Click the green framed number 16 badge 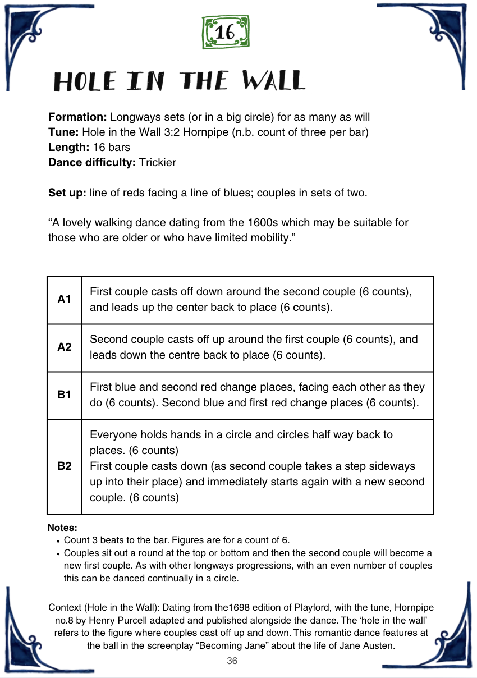tap(225, 32)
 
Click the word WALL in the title tap(273, 82)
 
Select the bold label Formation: tap(77, 117)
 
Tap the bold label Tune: tap(63, 132)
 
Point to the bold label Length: tap(68, 148)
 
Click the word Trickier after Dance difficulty tap(158, 163)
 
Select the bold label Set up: tap(67, 193)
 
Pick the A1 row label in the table tap(65, 300)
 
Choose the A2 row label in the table tap(65, 347)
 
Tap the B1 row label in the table tap(65, 395)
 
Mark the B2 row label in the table tap(65, 466)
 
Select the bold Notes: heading tap(62, 528)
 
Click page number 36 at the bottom tap(232, 661)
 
